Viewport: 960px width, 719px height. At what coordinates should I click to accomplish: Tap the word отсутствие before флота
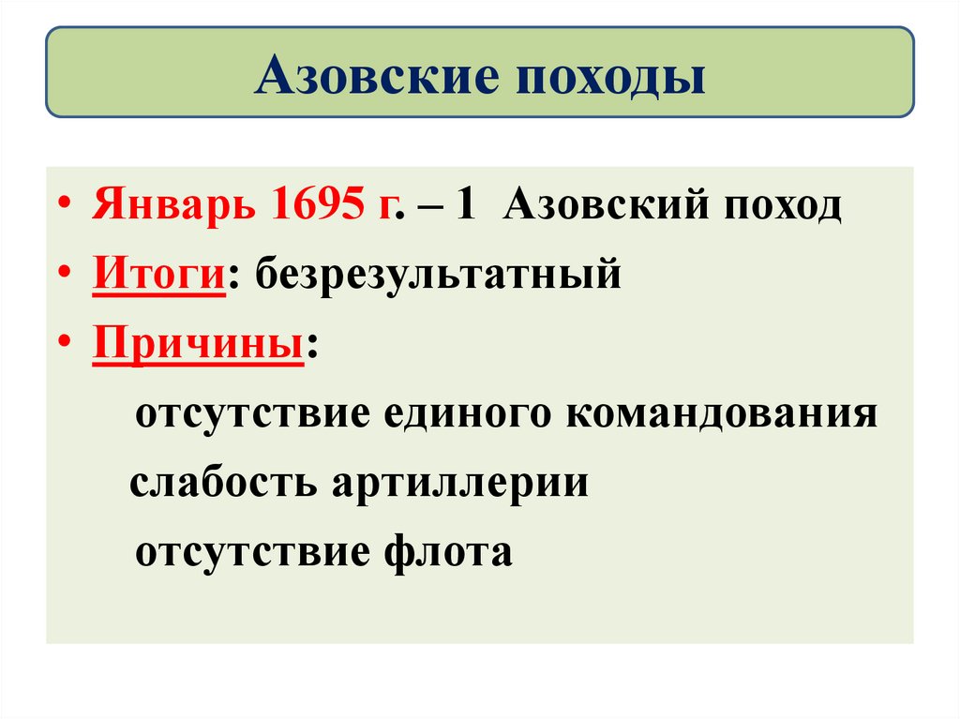pos(253,551)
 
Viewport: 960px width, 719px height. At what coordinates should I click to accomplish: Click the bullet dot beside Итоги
pos(73,277)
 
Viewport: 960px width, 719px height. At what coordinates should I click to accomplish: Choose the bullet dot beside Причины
pos(73,346)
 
